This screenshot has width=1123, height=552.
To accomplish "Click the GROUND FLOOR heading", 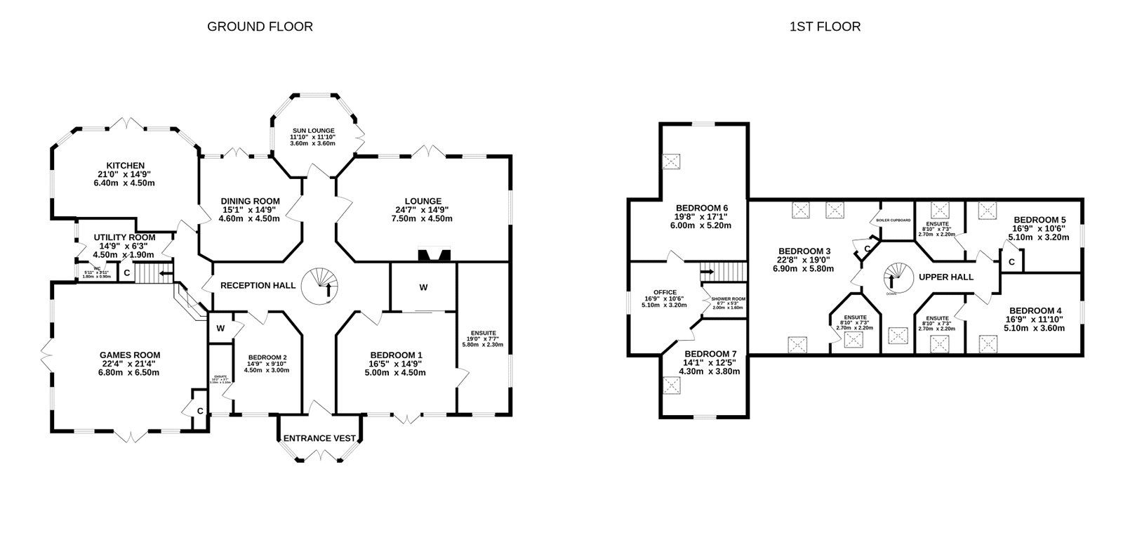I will [260, 27].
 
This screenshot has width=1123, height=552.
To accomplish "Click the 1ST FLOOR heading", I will [825, 27].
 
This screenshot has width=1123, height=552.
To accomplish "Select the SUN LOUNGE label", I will [313, 131].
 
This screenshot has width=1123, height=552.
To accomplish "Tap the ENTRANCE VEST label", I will [319, 438].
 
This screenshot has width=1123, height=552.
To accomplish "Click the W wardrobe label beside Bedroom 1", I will [423, 287].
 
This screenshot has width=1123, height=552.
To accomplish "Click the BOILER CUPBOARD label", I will [893, 221].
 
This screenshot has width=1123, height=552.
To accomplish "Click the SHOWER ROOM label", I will [728, 298].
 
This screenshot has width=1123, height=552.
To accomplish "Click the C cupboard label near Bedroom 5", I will [1011, 262].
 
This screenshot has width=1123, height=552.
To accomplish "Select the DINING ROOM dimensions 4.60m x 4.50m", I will [251, 218].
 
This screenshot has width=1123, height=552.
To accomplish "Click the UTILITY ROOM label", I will [124, 238].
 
